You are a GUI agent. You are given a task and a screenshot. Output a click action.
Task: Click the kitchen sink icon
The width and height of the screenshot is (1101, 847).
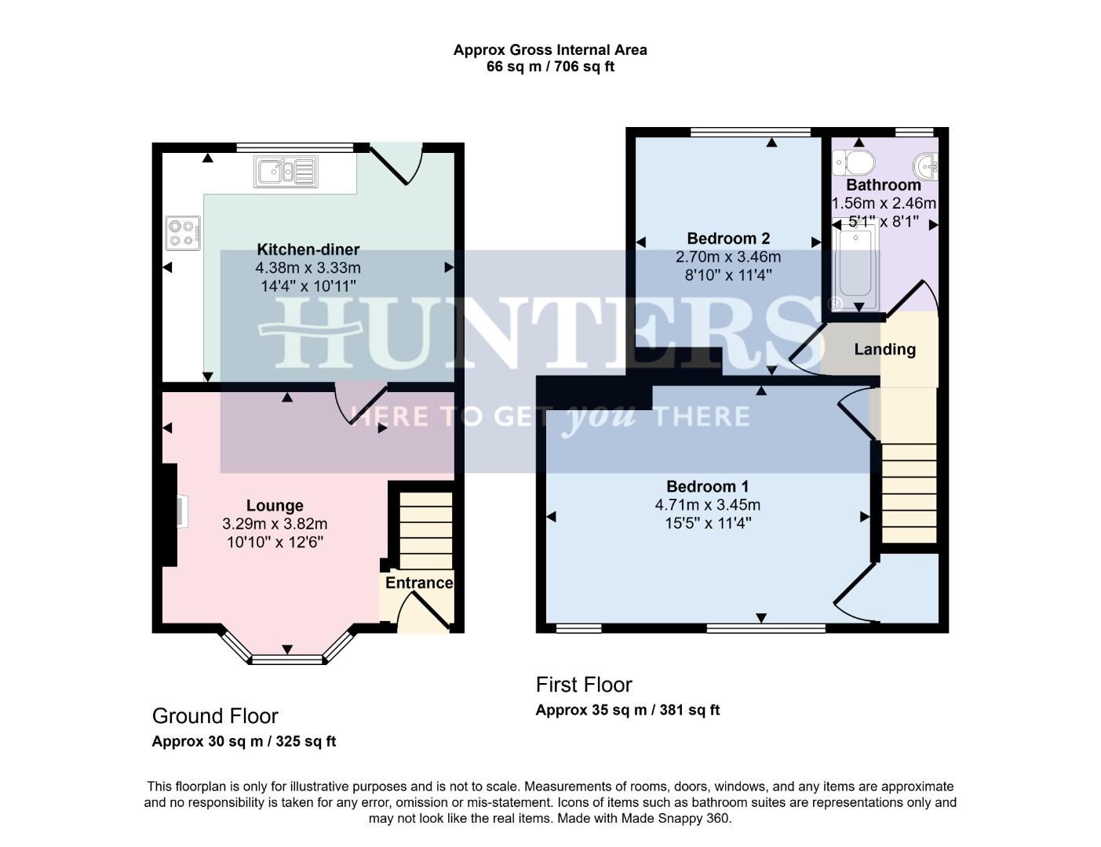286,172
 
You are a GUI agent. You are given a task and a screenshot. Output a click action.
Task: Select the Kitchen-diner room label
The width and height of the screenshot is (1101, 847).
308,249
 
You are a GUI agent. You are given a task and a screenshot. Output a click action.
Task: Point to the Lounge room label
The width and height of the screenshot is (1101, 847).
275,506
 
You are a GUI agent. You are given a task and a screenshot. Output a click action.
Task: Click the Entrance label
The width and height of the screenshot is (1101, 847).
419,583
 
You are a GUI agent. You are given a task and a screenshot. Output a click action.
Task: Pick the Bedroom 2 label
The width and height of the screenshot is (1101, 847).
728,238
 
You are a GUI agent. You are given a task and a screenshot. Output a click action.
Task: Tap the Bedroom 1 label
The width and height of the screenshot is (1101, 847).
707,486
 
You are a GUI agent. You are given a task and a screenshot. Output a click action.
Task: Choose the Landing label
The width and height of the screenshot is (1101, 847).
884,350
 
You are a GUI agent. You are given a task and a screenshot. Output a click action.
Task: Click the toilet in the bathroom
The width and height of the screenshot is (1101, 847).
855,163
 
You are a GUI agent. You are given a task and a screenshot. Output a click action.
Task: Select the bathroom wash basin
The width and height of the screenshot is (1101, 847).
926,165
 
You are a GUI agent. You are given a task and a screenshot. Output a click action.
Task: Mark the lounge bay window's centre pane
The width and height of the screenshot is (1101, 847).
287,660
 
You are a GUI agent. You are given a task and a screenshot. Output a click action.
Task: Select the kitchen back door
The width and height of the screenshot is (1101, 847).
397,162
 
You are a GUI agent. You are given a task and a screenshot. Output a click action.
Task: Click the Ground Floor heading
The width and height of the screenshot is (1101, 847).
215,716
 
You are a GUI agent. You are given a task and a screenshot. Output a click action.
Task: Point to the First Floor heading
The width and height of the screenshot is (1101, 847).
584,685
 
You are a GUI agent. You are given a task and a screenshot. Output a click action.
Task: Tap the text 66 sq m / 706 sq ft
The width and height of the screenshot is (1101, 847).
550,67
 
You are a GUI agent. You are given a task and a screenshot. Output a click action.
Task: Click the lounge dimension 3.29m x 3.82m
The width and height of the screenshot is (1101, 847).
275,524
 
